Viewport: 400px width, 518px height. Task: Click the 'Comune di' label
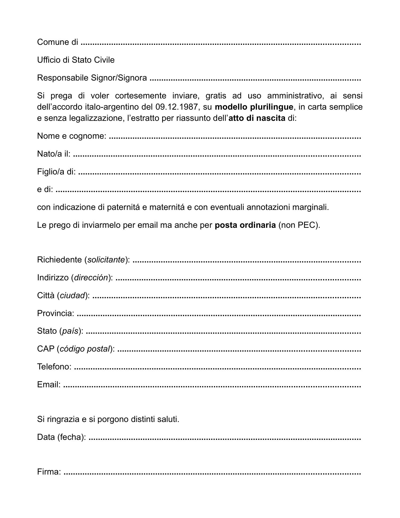(x=57, y=42)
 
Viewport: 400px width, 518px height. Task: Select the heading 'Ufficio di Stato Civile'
(x=76, y=60)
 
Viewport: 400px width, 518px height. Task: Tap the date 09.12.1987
(x=177, y=107)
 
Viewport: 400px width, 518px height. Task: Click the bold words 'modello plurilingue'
(x=254, y=107)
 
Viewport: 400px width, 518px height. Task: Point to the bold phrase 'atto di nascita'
(x=257, y=118)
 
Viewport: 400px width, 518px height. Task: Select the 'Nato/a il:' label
(x=54, y=154)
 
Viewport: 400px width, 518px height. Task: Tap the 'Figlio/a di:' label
(x=56, y=172)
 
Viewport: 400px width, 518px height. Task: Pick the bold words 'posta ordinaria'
(x=245, y=225)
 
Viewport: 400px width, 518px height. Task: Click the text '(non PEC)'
(x=299, y=225)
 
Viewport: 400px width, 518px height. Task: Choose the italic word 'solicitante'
(x=106, y=260)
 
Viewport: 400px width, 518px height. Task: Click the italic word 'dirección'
(x=91, y=278)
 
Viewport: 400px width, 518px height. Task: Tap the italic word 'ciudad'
(x=72, y=296)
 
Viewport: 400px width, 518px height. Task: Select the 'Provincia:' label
(x=55, y=313)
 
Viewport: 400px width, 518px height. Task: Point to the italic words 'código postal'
(x=85, y=349)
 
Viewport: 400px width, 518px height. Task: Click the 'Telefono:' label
(x=54, y=367)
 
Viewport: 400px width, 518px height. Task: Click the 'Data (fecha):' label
(x=61, y=437)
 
